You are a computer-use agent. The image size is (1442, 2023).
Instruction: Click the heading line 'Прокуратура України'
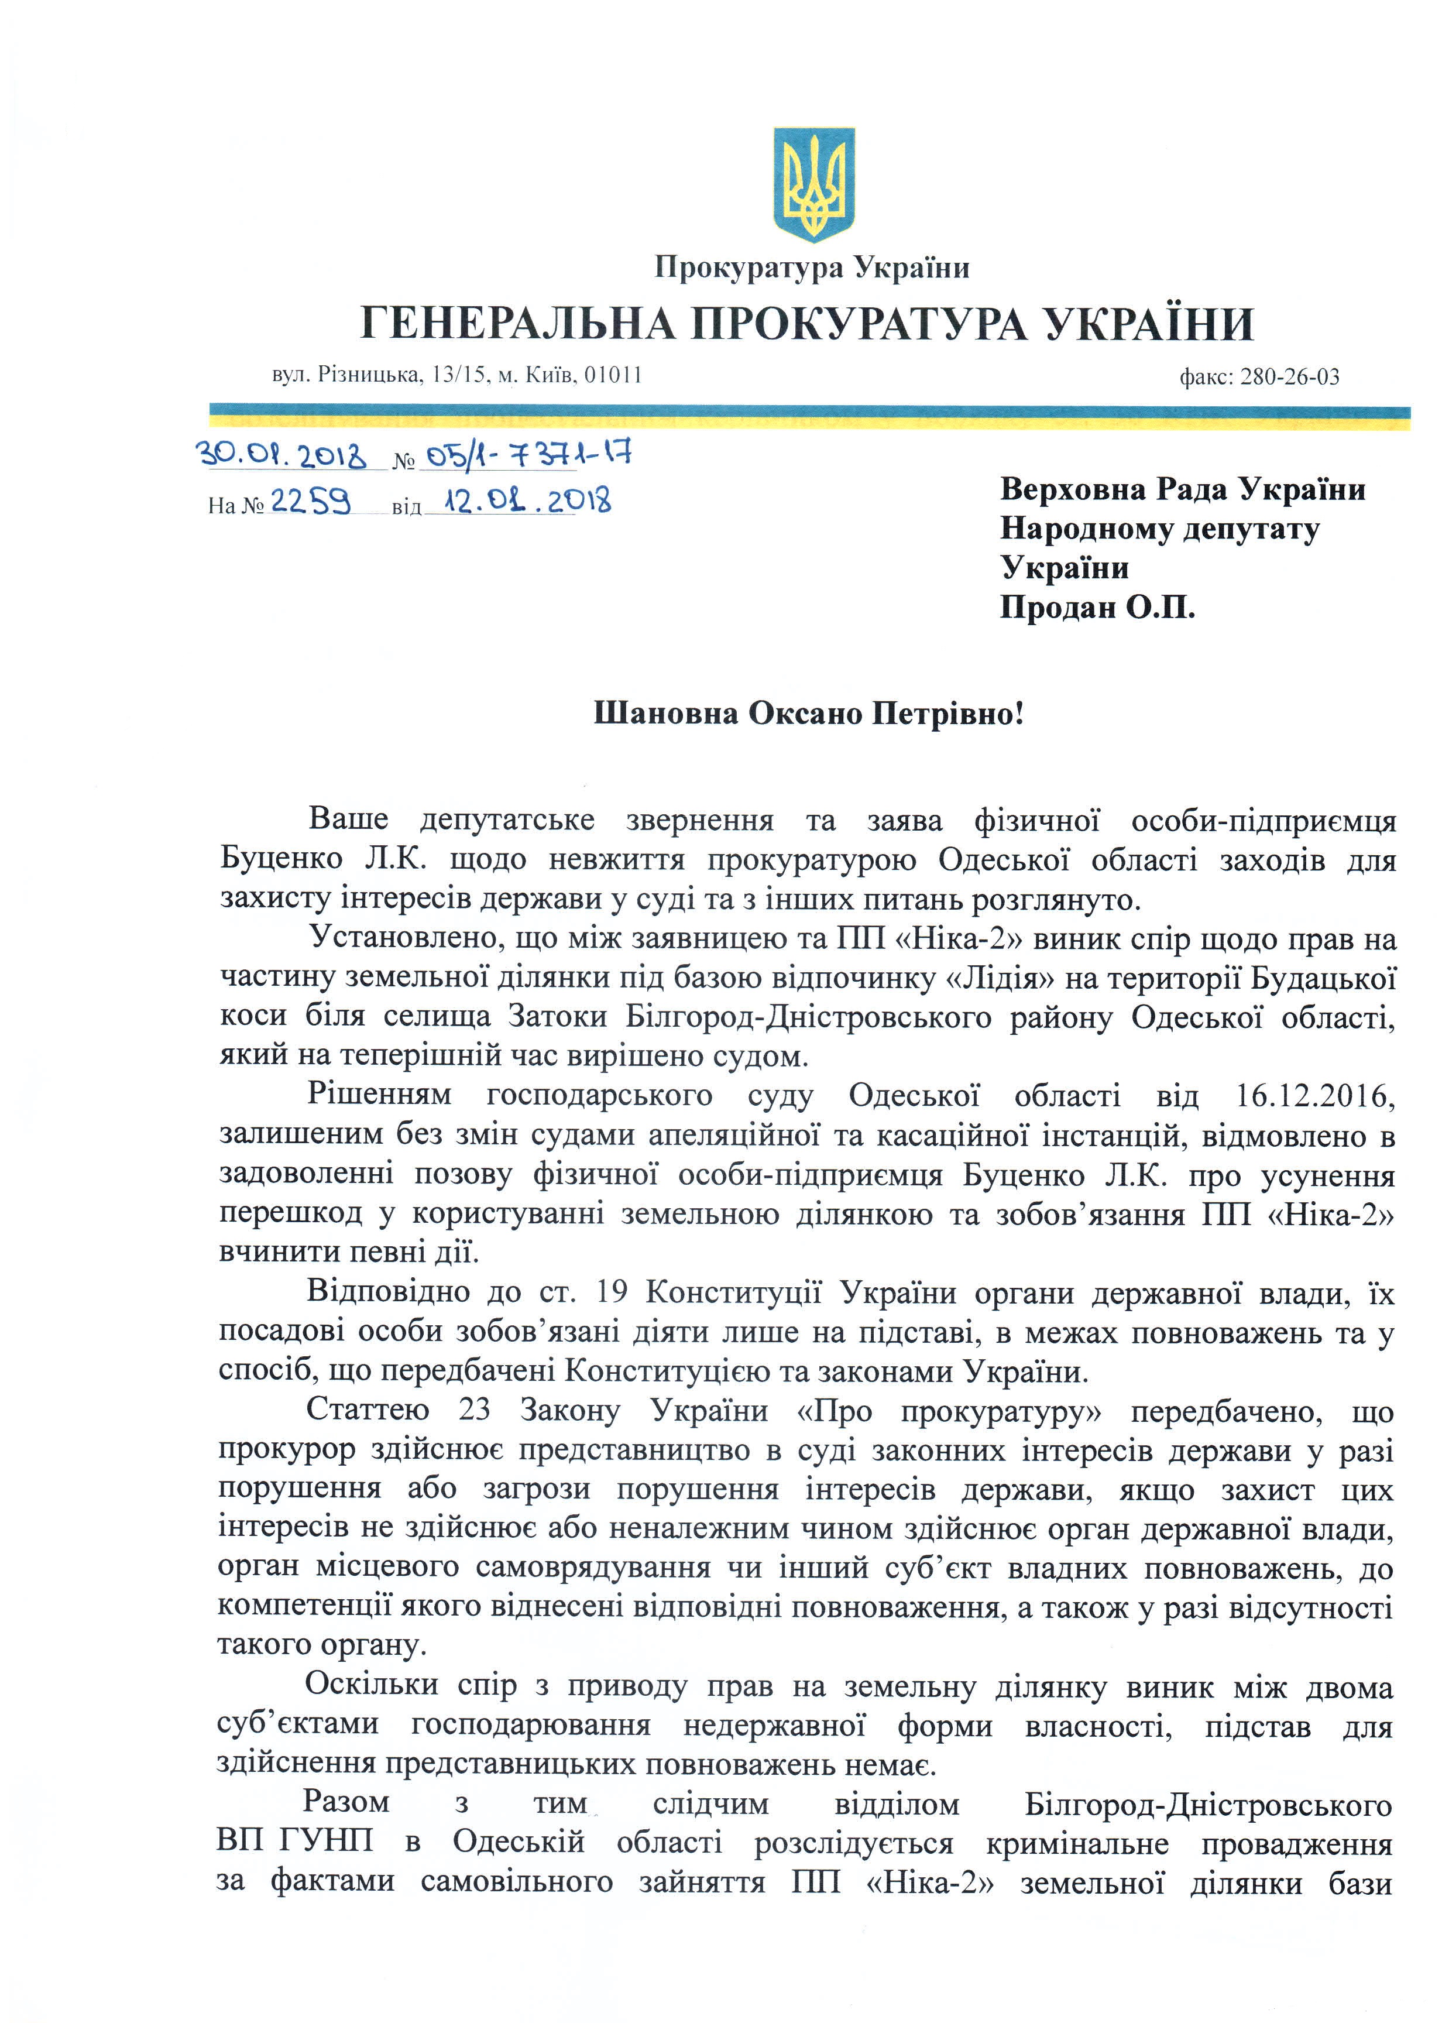(812, 268)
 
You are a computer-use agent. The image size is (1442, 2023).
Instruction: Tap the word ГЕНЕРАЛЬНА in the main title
(518, 324)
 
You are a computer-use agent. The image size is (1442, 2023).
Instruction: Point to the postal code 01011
(613, 375)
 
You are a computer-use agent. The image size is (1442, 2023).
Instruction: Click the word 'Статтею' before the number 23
(368, 1410)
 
